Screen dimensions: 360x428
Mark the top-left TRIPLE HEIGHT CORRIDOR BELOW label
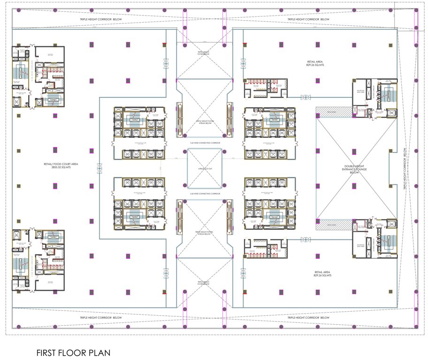point(100,19)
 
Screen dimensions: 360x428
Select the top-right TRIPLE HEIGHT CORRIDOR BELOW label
point(308,19)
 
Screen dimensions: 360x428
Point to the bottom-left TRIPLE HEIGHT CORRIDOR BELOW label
point(100,317)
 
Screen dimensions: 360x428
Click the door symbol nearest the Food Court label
point(99,169)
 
